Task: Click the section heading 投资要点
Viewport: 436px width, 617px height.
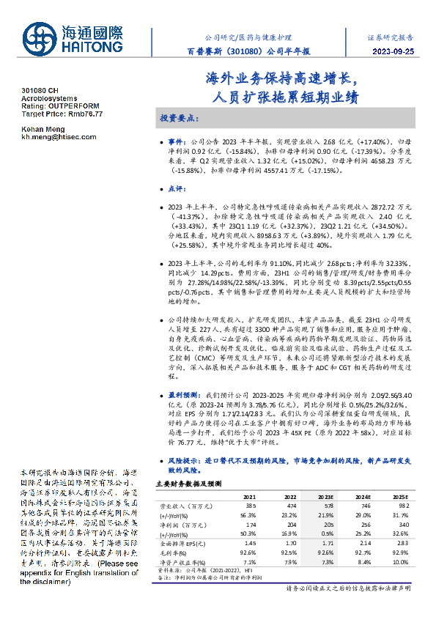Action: coord(180,118)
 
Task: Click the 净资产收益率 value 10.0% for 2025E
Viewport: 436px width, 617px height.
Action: coord(402,561)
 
